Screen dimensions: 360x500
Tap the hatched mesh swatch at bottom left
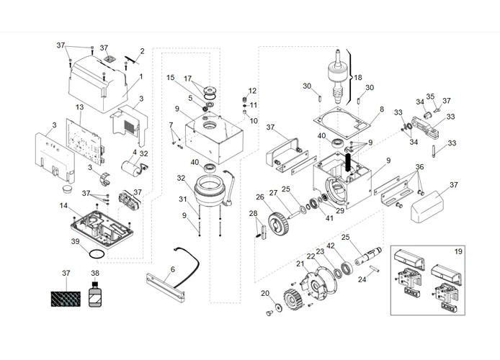pos(66,296)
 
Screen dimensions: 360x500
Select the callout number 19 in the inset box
pos(457,253)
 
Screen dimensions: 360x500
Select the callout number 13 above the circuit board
pos(80,107)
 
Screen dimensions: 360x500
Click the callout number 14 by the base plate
pos(64,206)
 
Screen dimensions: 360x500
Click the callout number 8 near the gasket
pos(382,109)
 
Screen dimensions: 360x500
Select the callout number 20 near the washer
pos(264,293)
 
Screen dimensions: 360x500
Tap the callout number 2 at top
pos(142,50)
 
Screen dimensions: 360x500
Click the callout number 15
pos(171,77)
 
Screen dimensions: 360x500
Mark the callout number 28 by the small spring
pos(253,213)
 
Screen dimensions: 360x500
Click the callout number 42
pos(331,246)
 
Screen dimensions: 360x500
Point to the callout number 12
pos(252,91)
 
